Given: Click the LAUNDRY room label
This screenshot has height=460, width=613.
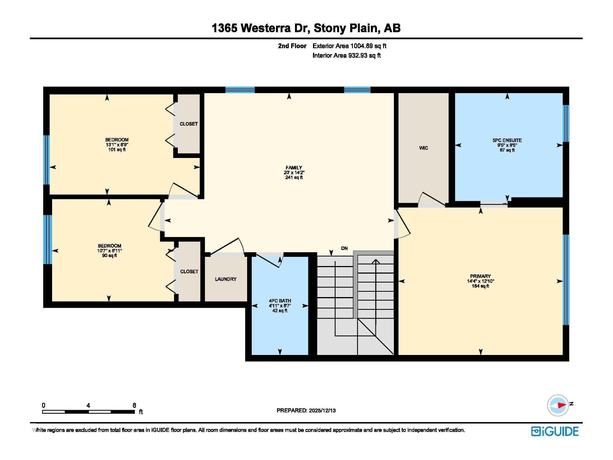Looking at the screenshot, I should [226, 279].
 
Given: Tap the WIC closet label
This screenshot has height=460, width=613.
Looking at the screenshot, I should [423, 148].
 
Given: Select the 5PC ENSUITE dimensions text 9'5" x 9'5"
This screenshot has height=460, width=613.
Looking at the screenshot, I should [507, 145].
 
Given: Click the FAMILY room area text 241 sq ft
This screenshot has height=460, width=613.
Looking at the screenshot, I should [294, 177].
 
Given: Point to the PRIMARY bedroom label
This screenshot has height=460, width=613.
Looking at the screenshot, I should [480, 276].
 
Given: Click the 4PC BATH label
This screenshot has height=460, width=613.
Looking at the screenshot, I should [280, 301].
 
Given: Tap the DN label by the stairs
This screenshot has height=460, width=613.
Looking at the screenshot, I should [344, 248].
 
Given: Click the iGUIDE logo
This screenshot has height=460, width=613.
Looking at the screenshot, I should [555, 431].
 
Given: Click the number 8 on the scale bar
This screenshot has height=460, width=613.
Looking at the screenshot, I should [134, 405].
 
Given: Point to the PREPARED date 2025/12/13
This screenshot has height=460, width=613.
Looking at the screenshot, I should [322, 410].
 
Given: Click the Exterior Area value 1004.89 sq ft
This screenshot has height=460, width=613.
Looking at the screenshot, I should [368, 46].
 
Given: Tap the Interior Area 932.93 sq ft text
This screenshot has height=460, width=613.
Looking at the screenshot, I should [346, 56].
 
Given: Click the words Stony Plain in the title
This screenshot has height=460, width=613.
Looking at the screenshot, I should [347, 28].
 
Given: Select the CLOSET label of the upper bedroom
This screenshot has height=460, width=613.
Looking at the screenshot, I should [189, 124].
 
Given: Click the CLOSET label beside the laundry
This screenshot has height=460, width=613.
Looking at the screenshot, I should [189, 271].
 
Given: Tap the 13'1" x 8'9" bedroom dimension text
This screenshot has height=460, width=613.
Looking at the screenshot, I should [117, 145].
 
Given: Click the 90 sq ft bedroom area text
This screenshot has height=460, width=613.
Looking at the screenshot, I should [110, 256].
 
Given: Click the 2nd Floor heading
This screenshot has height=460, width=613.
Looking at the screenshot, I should [292, 46].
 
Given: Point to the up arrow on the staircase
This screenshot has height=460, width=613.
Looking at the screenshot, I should [376, 262].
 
